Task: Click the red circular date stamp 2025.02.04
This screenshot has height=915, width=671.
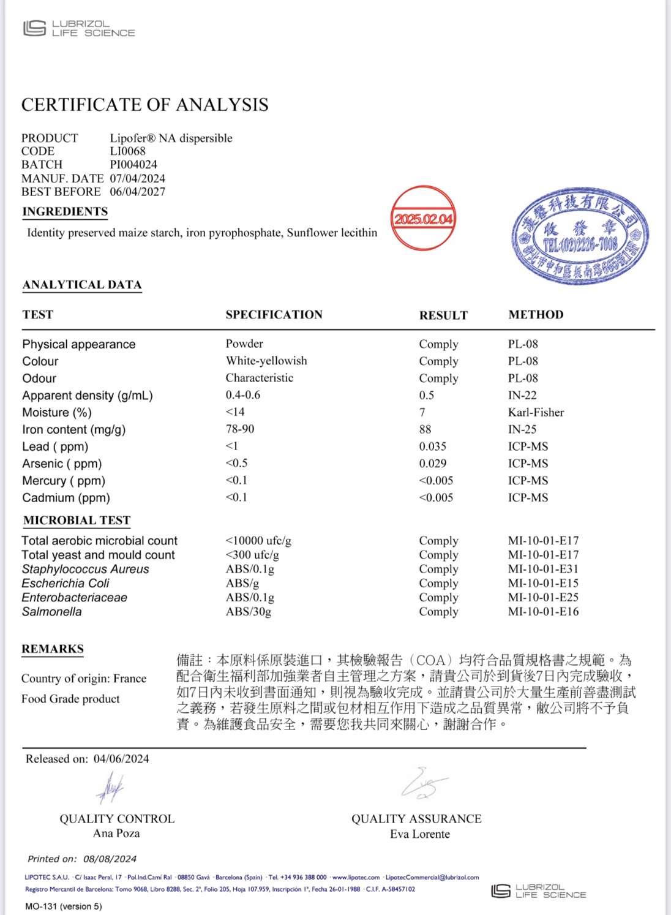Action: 423,219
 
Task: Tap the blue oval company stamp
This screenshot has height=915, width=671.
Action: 580,236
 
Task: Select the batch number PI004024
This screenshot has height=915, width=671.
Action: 133,165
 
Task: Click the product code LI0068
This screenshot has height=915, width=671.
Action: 128,151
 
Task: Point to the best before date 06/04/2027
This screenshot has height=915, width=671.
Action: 138,192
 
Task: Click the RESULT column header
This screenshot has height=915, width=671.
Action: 443,315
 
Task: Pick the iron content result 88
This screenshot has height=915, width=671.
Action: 425,429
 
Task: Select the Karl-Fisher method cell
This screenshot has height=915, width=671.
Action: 536,412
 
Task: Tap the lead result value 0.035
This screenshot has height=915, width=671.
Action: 432,446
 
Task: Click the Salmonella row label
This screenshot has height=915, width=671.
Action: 51,612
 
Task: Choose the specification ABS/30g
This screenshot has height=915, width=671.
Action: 248,611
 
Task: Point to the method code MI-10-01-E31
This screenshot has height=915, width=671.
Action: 543,569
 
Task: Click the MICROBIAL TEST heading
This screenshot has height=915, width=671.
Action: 77,521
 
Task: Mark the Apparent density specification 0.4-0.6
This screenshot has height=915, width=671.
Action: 242,395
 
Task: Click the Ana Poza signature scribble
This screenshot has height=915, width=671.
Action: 110,786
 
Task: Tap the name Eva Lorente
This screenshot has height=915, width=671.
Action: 419,834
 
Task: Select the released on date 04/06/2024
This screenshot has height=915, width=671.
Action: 121,759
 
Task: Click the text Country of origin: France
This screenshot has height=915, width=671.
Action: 84,679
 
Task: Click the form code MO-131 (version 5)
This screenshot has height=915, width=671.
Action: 64,906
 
